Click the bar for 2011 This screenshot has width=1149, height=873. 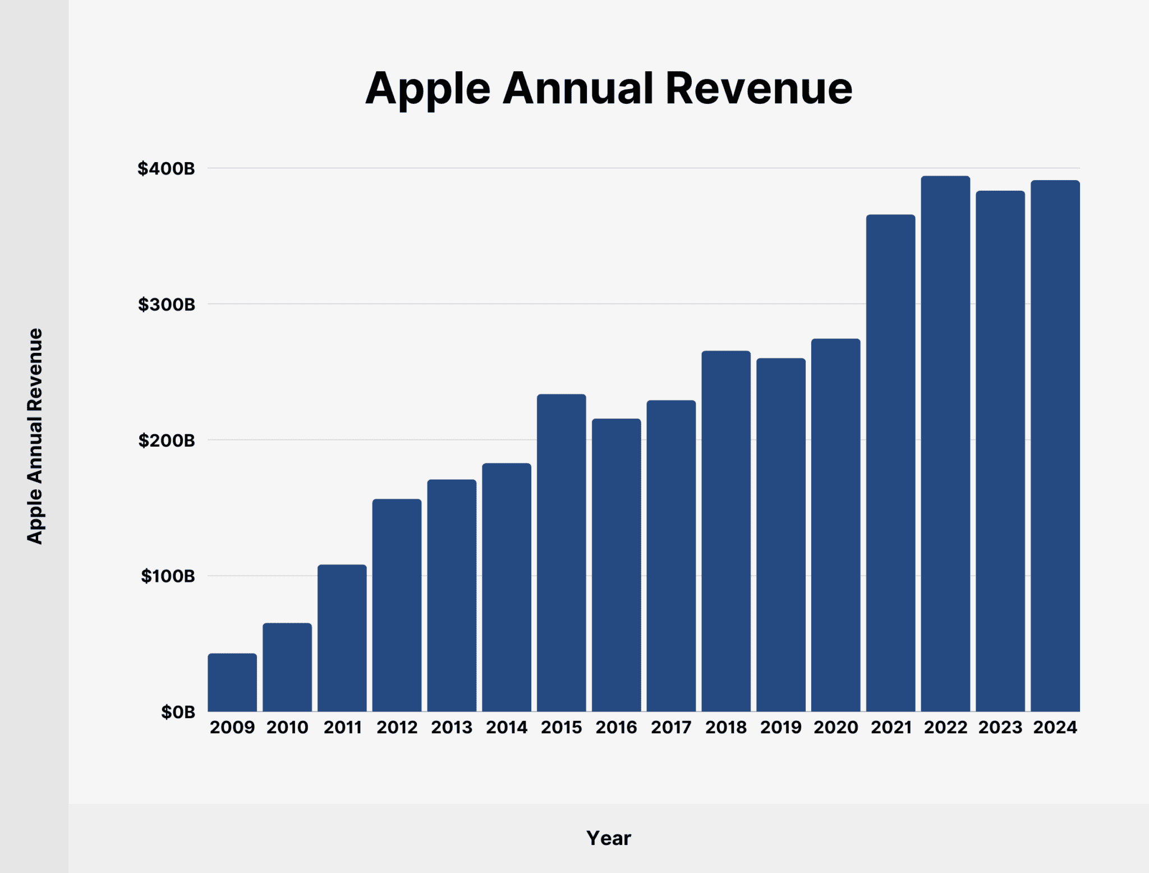click(342, 638)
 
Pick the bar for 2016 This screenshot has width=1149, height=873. click(617, 565)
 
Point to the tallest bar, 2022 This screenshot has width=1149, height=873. click(945, 443)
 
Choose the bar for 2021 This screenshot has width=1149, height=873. click(890, 463)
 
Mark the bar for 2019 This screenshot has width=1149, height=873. click(781, 535)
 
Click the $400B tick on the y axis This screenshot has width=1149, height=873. click(167, 168)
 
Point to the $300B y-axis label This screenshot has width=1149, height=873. click(167, 305)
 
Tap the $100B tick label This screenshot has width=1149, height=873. click(168, 576)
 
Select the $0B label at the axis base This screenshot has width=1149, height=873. click(178, 712)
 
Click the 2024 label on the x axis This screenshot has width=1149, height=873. click(1055, 728)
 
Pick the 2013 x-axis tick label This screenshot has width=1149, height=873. click(452, 728)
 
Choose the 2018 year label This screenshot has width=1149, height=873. click(726, 728)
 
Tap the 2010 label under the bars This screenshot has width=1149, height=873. click(287, 728)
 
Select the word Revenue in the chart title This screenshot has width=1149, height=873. click(759, 89)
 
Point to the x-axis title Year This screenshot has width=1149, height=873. click(609, 838)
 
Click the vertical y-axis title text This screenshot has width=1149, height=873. click(35, 436)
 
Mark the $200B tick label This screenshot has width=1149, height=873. click(167, 440)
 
